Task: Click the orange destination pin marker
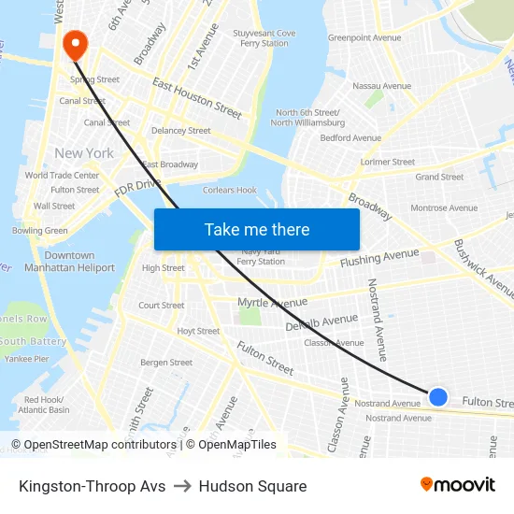point(74,43)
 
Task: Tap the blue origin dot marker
point(437,397)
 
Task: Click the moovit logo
point(457,485)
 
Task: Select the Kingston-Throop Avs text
point(92,486)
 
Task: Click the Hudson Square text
point(252,486)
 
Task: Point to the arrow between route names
point(182,486)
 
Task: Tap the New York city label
point(84,153)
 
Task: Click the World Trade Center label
point(62,175)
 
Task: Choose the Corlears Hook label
point(230,190)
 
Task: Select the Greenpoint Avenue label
point(364,38)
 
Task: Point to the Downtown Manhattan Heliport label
point(69,262)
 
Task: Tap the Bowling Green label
point(40,230)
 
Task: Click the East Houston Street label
point(196,97)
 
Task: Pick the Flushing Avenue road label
point(379,259)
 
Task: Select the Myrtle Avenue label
point(272,303)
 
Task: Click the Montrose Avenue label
point(444,208)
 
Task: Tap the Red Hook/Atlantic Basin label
point(44,405)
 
